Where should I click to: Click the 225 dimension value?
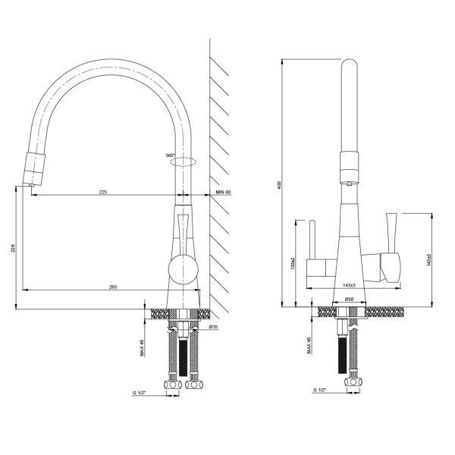click(x=103, y=192)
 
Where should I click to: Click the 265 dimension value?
click(x=113, y=287)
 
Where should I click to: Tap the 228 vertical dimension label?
click(x=14, y=248)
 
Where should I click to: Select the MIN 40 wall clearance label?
click(x=223, y=192)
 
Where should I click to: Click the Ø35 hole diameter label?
click(x=213, y=327)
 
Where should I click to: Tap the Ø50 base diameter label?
click(x=349, y=300)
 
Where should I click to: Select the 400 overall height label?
click(x=279, y=185)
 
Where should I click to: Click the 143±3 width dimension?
click(x=349, y=286)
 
